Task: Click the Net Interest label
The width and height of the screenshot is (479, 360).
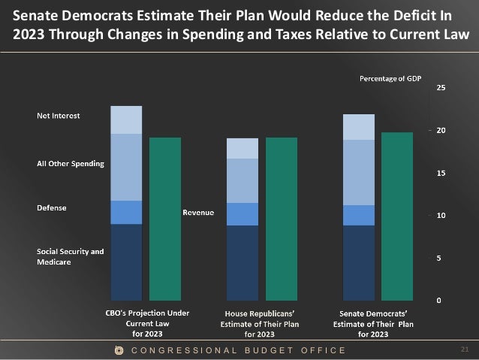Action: (59, 116)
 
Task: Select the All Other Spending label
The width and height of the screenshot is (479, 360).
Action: (71, 163)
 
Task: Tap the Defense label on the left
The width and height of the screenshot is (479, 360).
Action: (52, 207)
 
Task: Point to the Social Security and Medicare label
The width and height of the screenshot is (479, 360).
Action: (71, 256)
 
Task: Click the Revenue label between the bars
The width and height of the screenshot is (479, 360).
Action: (199, 213)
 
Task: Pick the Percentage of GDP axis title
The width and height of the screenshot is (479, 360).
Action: (390, 78)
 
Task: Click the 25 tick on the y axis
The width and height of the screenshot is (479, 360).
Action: (441, 88)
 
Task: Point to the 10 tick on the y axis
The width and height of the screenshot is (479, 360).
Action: (441, 216)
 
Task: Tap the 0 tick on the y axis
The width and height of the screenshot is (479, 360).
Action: (438, 301)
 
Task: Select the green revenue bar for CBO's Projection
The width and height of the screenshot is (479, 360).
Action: (165, 219)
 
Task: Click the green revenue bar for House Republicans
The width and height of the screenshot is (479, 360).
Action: (282, 219)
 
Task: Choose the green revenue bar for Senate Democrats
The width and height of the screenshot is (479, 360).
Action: (397, 216)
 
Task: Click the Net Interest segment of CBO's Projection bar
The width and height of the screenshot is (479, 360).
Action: (126, 120)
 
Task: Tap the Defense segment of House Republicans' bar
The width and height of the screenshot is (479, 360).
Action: (243, 214)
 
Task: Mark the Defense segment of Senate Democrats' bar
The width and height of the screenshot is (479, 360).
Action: (358, 215)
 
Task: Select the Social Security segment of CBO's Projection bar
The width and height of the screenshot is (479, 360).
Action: (126, 262)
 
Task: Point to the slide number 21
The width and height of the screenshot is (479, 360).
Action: (463, 349)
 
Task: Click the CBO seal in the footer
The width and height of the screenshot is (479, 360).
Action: (118, 350)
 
